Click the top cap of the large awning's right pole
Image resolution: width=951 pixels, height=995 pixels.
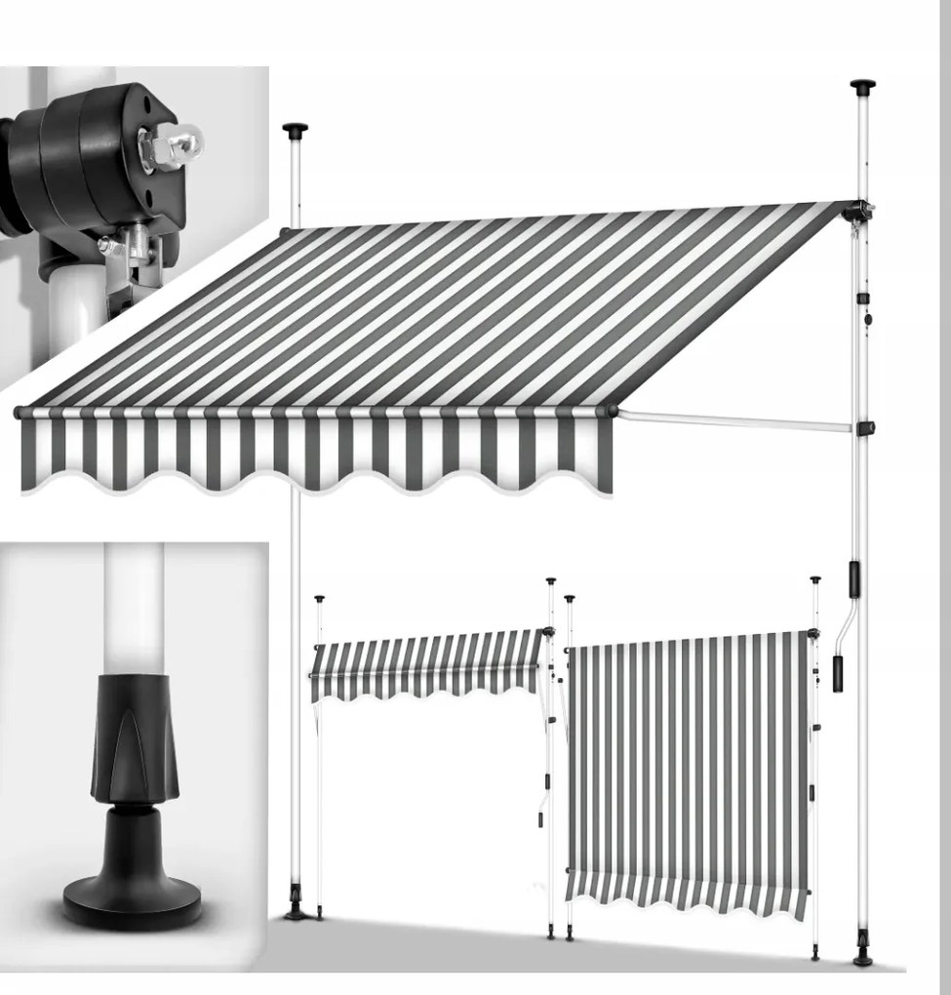tap(862, 87)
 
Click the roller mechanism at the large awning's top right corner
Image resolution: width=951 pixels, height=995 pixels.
tap(858, 211)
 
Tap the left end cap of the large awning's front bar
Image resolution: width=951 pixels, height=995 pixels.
tap(19, 414)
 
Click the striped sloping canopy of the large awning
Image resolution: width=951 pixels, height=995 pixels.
tap(439, 312)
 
